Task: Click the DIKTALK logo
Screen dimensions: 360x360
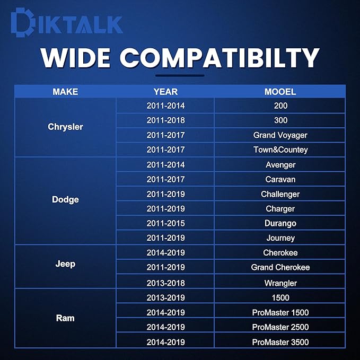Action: [x=67, y=22]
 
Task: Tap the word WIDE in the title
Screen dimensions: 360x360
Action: [x=75, y=58]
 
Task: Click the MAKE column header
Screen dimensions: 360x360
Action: [x=65, y=92]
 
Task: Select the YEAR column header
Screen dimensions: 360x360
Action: [x=165, y=92]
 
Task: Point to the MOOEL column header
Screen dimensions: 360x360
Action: [x=280, y=92]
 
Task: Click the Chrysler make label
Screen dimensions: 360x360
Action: [x=65, y=127]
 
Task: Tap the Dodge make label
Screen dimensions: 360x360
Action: [x=65, y=199]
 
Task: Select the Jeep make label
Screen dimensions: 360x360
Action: [x=65, y=264]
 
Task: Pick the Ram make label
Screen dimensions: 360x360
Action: [x=65, y=318]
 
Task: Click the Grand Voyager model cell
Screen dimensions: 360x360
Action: [x=280, y=135]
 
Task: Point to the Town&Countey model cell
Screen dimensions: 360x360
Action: [x=280, y=150]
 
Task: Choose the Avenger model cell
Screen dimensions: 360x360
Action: [x=280, y=165]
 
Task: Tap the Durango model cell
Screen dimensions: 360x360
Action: [x=280, y=223]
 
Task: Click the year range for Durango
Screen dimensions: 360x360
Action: [x=165, y=223]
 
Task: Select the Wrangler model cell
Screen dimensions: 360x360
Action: [x=280, y=283]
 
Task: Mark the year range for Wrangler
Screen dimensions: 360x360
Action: [x=165, y=283]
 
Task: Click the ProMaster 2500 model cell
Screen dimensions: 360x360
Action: [x=280, y=327]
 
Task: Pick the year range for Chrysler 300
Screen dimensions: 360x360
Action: [x=165, y=120]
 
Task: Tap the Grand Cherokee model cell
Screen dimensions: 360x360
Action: [x=280, y=267]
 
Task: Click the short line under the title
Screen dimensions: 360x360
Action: [x=180, y=75]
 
